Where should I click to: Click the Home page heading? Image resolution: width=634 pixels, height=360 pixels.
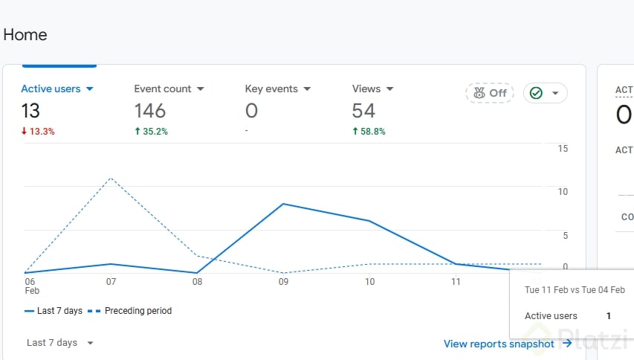point(25,35)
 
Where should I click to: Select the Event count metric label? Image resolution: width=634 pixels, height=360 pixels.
point(163,89)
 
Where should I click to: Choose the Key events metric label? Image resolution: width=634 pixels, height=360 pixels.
point(271,89)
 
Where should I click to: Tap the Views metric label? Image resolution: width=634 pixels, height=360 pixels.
point(366,89)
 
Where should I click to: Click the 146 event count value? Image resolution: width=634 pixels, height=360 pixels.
point(149,111)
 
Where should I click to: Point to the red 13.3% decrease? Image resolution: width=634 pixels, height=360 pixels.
point(38,132)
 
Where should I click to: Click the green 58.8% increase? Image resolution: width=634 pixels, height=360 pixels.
point(369,132)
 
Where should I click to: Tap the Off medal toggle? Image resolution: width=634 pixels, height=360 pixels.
point(490,93)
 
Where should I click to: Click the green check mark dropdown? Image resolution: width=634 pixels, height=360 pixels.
point(546,93)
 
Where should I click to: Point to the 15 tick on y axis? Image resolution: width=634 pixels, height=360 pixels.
point(563,149)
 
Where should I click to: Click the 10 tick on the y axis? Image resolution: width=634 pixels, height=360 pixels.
point(563,192)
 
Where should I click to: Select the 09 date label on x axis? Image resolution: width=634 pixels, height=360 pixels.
point(283,282)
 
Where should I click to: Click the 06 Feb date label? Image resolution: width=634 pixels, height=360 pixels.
point(30,286)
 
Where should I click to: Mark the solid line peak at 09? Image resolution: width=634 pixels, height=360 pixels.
point(283,203)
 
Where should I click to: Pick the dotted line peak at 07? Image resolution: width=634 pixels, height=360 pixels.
point(111,179)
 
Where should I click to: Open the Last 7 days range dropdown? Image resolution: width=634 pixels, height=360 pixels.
point(60,343)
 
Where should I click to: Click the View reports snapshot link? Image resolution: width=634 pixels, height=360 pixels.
point(507,344)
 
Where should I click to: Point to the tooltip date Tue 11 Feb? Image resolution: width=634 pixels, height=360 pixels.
point(549,290)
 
